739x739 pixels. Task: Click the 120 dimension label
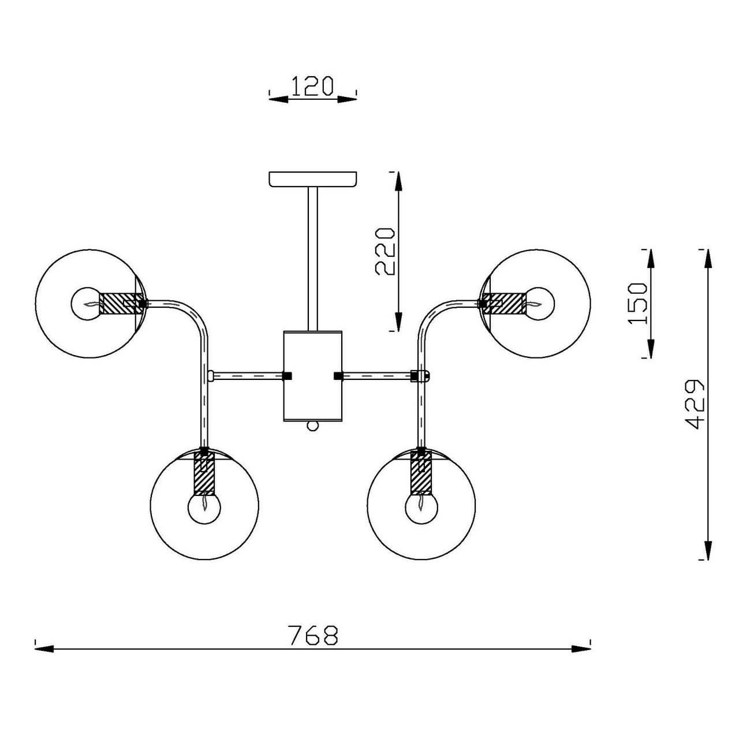[x=312, y=85]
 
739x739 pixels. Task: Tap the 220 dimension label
[x=385, y=251]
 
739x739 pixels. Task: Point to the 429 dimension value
[x=693, y=404]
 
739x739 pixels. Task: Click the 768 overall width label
[x=312, y=635]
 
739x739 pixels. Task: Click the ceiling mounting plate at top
[x=313, y=178]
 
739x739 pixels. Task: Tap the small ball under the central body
[x=312, y=426]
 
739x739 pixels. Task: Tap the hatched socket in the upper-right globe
[x=505, y=303]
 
